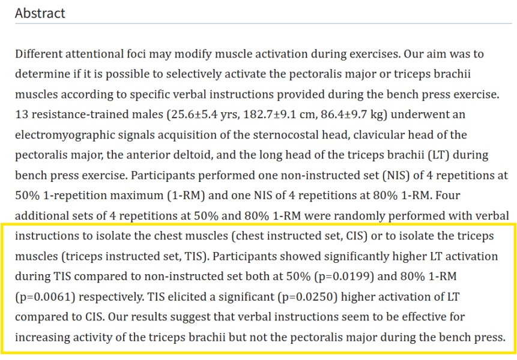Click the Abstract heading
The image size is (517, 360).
click(x=40, y=13)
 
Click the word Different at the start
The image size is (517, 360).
click(x=38, y=54)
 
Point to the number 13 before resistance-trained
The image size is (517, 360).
click(x=21, y=115)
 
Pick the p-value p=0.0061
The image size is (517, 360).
click(x=41, y=297)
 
